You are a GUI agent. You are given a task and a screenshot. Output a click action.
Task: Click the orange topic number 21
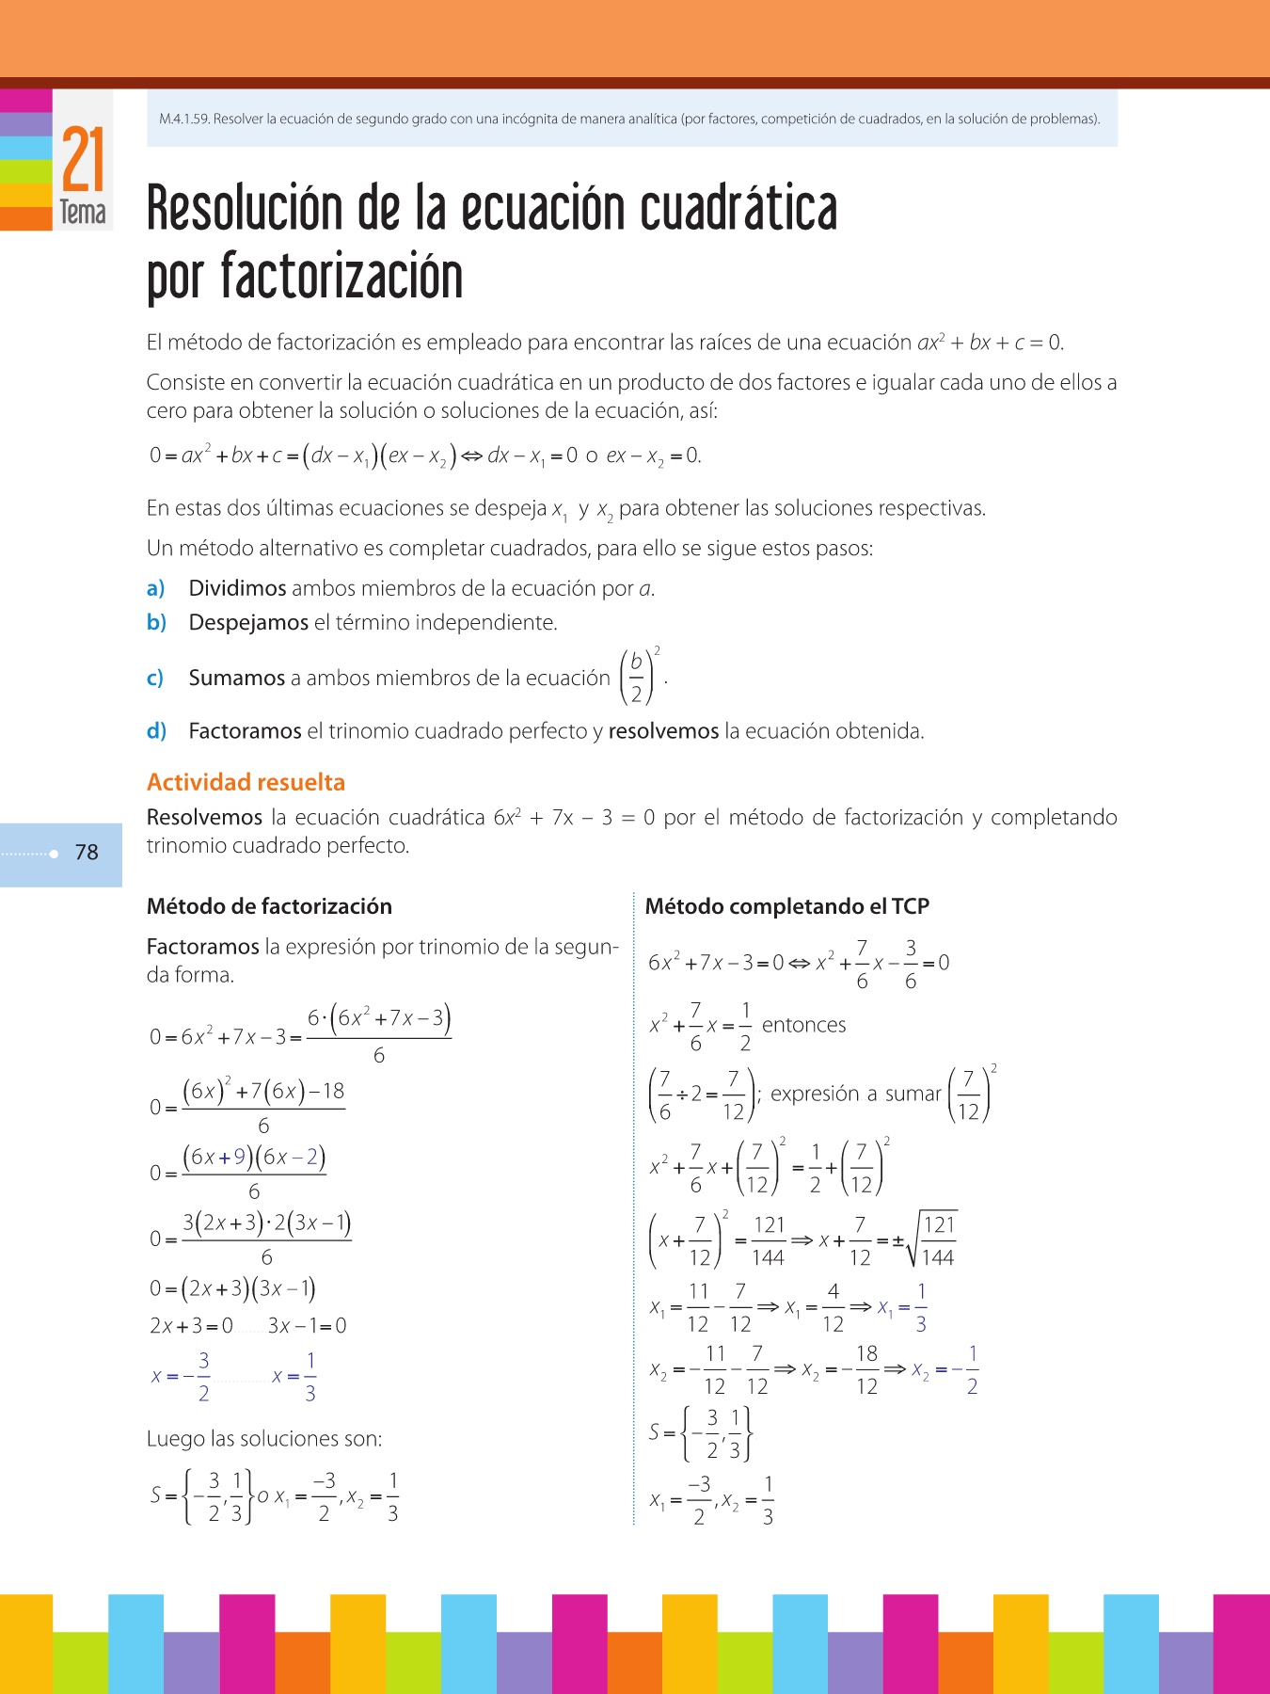click(x=83, y=159)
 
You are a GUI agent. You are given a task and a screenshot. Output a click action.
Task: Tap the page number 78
click(x=87, y=853)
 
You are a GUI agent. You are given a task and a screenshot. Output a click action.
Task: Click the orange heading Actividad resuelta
click(x=246, y=782)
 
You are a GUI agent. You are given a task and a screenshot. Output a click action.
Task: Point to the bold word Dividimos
click(x=237, y=589)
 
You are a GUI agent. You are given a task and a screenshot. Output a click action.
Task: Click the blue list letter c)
click(x=155, y=678)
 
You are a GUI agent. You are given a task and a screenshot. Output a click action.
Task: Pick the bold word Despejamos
click(x=248, y=623)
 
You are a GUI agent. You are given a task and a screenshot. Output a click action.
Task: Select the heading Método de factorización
click(x=269, y=906)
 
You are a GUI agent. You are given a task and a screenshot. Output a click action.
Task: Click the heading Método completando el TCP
click(x=786, y=906)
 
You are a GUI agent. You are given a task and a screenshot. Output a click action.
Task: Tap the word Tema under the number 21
click(x=83, y=213)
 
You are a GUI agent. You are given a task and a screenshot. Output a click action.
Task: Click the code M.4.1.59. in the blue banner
click(x=184, y=120)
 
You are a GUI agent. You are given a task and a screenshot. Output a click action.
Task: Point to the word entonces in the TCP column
click(x=803, y=1025)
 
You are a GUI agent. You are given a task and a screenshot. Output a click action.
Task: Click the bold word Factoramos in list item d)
click(x=245, y=731)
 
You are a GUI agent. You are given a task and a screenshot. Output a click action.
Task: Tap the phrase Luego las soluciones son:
click(x=264, y=1439)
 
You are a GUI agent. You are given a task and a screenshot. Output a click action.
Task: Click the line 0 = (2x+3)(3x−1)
click(x=232, y=1288)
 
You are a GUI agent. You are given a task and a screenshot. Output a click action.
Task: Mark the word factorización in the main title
click(x=341, y=278)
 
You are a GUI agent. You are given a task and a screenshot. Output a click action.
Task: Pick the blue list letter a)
click(x=155, y=589)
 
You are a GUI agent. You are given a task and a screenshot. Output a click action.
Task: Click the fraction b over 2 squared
click(x=639, y=676)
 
